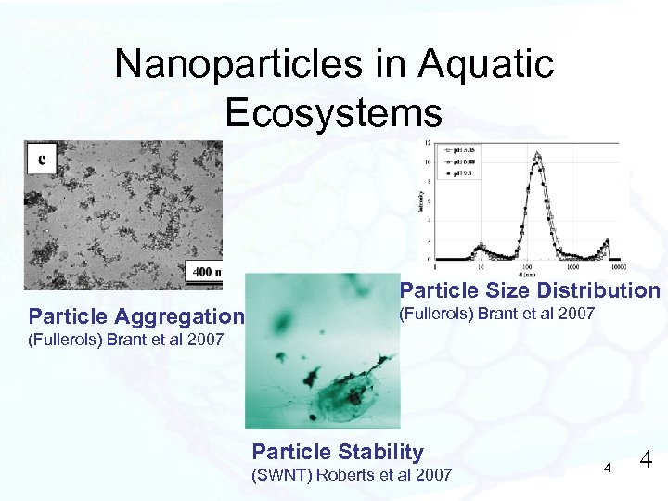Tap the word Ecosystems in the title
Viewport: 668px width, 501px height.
[x=333, y=112]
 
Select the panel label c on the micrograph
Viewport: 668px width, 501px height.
[x=42, y=160]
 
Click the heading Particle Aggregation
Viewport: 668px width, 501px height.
[x=136, y=315]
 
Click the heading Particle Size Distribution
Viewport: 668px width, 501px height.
[x=529, y=290]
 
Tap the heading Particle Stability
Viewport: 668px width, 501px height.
[x=338, y=452]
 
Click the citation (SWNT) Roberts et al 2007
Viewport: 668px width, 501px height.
[x=352, y=475]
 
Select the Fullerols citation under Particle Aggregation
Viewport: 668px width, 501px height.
[x=126, y=339]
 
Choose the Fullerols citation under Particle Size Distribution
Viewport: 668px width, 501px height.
[x=496, y=315]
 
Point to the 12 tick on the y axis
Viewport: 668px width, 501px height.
[x=427, y=143]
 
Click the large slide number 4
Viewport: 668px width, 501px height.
[x=647, y=459]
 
